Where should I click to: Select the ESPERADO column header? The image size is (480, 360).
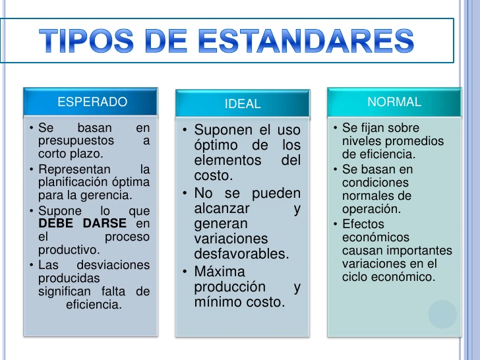click(92, 102)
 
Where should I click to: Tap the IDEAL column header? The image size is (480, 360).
click(242, 104)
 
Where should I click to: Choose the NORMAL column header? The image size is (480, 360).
click(394, 102)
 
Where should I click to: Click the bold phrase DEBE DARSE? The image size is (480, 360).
click(82, 224)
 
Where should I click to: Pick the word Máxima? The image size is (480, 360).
click(219, 271)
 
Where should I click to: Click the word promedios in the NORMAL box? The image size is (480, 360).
click(419, 141)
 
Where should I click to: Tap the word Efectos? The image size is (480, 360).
click(363, 224)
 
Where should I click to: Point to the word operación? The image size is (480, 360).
click(371, 209)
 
